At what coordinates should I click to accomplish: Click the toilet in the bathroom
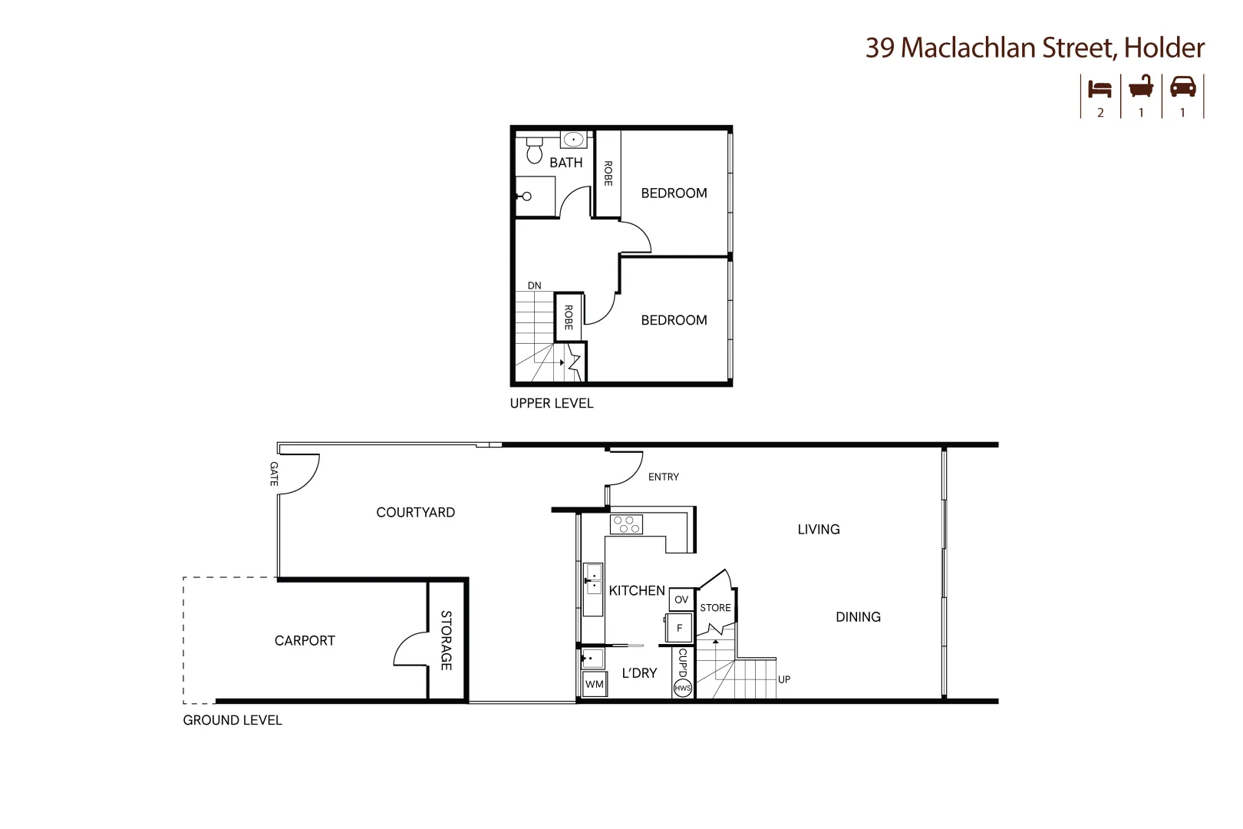point(535,152)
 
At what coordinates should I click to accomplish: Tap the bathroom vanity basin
point(573,140)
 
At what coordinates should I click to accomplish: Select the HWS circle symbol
point(682,689)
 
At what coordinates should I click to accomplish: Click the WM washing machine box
point(595,684)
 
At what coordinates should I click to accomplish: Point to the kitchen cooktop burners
point(625,525)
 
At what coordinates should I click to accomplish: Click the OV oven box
point(681,599)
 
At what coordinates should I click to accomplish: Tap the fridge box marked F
point(679,628)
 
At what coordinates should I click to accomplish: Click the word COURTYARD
point(415,512)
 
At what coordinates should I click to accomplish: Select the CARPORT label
point(305,640)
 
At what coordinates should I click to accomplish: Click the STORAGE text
point(446,640)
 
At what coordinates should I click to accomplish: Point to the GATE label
point(274,474)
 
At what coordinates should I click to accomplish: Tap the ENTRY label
point(663,477)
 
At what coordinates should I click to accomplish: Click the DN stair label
point(534,286)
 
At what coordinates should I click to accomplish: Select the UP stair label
point(783,679)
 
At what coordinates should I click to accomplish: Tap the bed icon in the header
point(1100,88)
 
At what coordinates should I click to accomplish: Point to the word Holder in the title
point(1164,48)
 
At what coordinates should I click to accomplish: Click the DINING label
point(858,616)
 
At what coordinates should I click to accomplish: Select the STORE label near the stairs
point(715,607)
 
